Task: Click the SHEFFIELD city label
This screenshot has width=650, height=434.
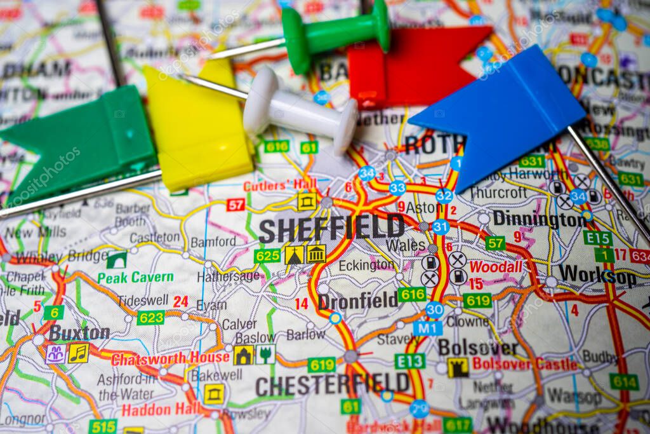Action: [331, 228]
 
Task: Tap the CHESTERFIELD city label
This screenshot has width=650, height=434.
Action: [332, 384]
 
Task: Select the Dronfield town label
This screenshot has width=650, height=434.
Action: [357, 301]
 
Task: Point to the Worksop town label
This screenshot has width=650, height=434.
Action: [597, 275]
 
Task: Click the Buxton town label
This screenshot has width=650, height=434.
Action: [79, 332]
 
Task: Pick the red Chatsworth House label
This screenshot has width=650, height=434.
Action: [169, 358]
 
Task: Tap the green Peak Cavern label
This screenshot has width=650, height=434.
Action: [135, 277]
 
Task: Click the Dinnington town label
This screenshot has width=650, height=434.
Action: [539, 219]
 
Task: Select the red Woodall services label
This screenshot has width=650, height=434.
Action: [496, 267]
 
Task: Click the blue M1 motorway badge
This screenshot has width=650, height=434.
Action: [427, 328]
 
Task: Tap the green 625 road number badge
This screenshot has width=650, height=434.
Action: [267, 255]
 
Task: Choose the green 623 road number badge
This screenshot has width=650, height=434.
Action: [150, 317]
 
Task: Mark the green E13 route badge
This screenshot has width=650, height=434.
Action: [409, 361]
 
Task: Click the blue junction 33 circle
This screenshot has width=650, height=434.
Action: [397, 187]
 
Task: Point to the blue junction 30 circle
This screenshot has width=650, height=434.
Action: [434, 309]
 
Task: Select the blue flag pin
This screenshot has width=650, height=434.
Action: [501, 114]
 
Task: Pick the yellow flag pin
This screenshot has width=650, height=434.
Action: [200, 127]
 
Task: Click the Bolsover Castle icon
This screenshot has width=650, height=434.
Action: [457, 367]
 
